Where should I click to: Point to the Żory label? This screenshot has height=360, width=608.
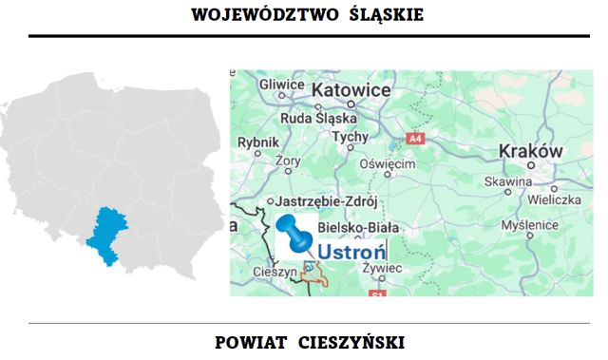click(284, 161)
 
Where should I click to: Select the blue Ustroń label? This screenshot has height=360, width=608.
click(350, 254)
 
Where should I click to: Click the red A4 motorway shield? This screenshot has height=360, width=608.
click(414, 139)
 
